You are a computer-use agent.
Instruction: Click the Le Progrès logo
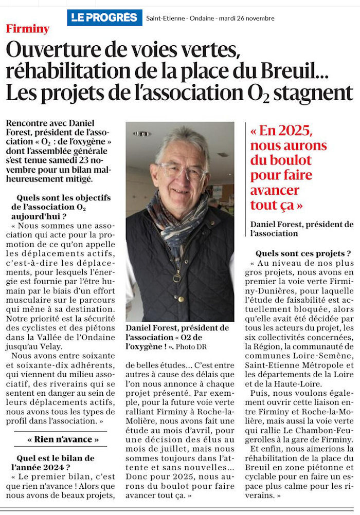(x=104, y=17)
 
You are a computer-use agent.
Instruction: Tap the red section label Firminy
(x=28, y=29)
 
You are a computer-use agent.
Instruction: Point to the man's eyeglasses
(x=182, y=171)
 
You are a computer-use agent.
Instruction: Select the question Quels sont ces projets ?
(x=303, y=253)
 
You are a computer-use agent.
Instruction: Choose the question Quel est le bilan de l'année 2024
(x=53, y=462)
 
